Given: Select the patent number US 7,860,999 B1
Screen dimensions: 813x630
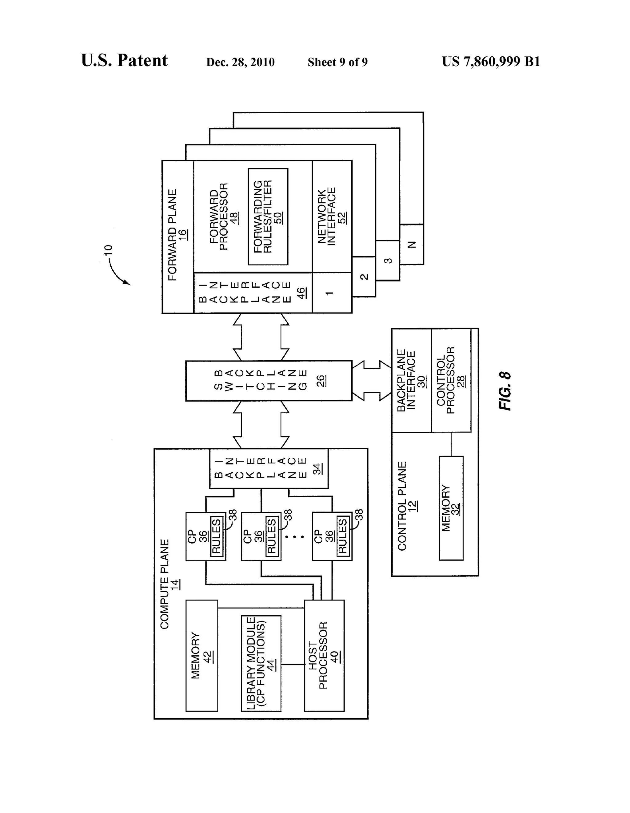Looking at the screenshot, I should point(491,61).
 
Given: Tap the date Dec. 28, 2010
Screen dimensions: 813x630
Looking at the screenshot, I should point(240,62).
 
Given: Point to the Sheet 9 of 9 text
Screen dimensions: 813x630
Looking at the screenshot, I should point(337,62).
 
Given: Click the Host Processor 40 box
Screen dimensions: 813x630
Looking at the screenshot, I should point(324,655).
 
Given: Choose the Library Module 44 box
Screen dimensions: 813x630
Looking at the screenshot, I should point(261,663).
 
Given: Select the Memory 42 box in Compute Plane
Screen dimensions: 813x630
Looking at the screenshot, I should point(201,655).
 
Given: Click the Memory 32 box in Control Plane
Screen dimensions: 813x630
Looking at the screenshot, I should point(451,508).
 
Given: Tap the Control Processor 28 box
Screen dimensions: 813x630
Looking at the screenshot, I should point(451,380).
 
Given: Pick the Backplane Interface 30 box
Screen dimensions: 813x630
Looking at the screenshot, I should point(411,380).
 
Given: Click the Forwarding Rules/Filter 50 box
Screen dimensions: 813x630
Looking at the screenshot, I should point(268,217).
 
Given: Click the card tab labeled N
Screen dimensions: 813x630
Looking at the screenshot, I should point(412,245).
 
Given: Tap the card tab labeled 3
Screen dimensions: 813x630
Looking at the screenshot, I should point(388,261).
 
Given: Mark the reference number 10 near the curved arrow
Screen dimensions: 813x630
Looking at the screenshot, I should point(108,250).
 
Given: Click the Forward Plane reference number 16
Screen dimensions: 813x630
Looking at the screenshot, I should point(183,235).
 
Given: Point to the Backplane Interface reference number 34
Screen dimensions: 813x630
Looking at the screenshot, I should point(317,469).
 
